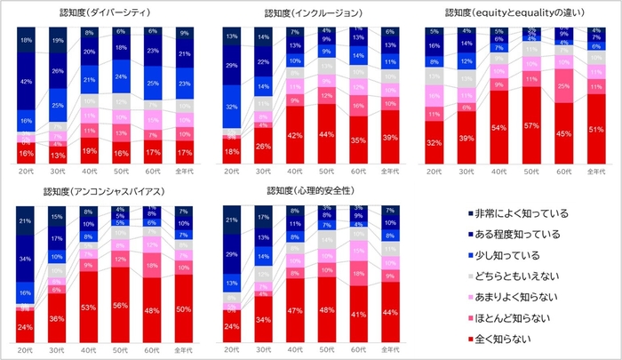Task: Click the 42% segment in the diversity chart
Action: pos(27,81)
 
